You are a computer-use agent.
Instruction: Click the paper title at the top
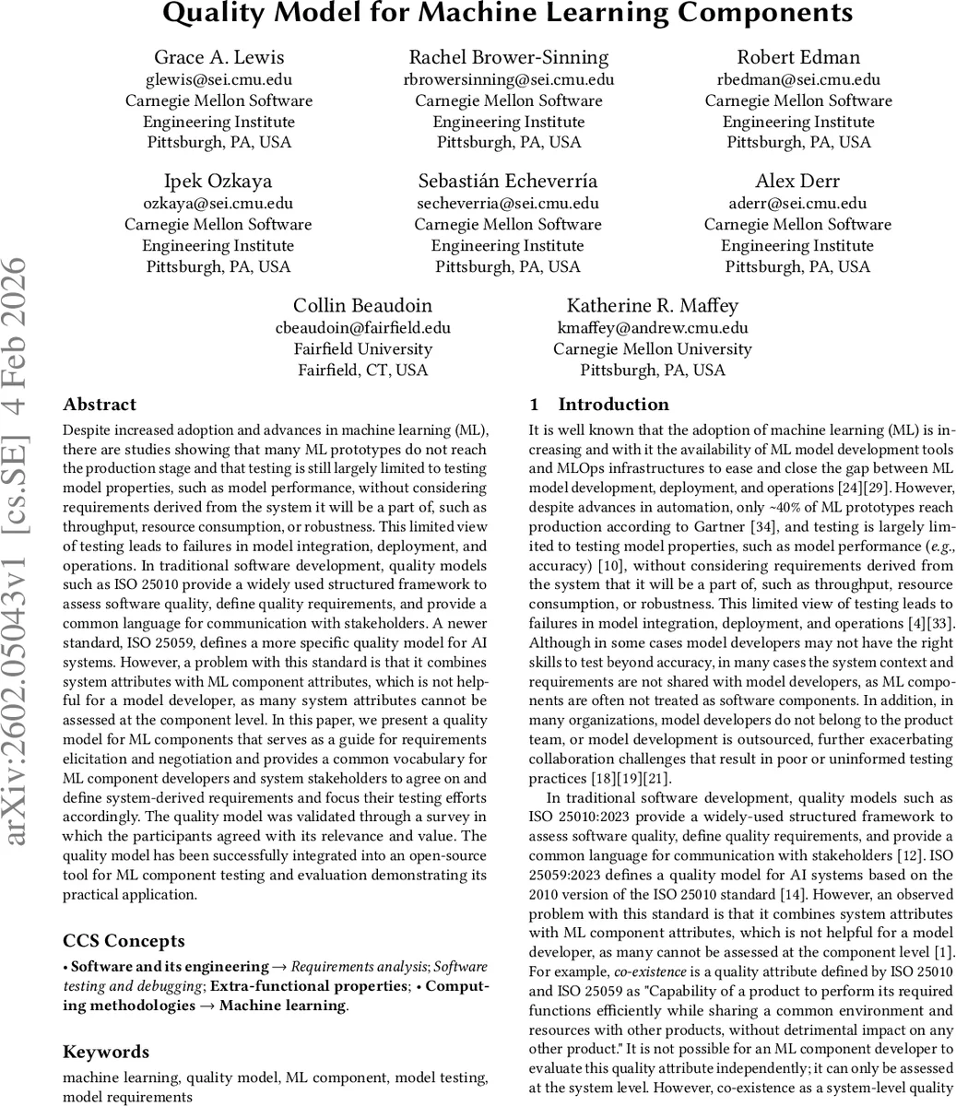508,14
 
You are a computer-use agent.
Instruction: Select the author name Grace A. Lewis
218,57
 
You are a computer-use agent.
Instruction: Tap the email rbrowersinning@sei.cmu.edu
509,79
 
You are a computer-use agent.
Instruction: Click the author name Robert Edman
798,57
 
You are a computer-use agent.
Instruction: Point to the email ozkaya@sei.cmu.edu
218,203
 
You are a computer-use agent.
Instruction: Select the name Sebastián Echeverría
508,181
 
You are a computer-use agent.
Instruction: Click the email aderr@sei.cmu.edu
797,203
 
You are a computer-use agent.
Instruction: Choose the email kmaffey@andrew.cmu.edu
652,327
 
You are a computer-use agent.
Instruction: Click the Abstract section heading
99,405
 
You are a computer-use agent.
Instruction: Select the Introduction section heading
613,405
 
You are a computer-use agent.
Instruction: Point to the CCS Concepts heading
124,941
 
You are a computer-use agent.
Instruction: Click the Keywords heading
105,1052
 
